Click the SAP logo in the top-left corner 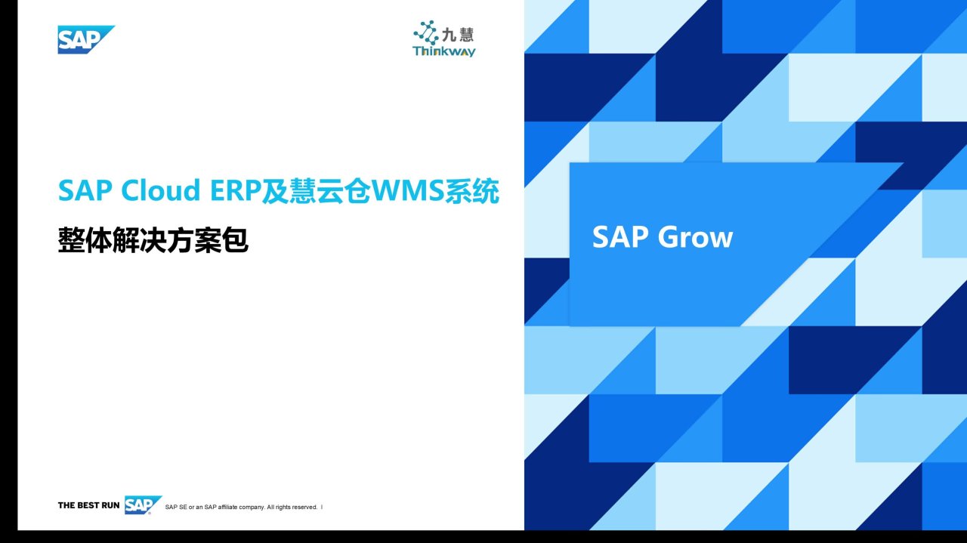(86, 40)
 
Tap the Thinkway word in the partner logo (443, 51)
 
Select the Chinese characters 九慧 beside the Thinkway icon (458, 35)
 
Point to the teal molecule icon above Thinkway (426, 32)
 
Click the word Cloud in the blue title (161, 190)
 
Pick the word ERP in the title (236, 190)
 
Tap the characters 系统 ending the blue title (472, 191)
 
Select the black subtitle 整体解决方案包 (153, 240)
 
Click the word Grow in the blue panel (695, 237)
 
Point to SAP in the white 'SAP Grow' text (620, 236)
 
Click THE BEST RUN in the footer (88, 505)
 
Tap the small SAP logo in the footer (143, 505)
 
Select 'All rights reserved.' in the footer (292, 508)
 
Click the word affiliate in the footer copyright (227, 508)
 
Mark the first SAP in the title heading (85, 190)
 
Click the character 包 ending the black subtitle (235, 240)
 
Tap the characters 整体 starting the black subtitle (85, 240)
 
